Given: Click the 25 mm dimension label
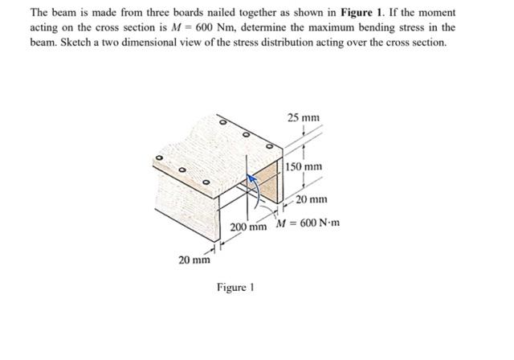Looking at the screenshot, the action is coord(304,117).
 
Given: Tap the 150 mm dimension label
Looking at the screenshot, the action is coord(306,167).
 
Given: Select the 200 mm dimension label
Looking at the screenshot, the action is coord(247,227).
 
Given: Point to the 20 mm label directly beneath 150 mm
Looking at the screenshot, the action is coord(311,198).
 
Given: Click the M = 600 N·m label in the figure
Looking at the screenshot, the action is coord(309,222).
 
